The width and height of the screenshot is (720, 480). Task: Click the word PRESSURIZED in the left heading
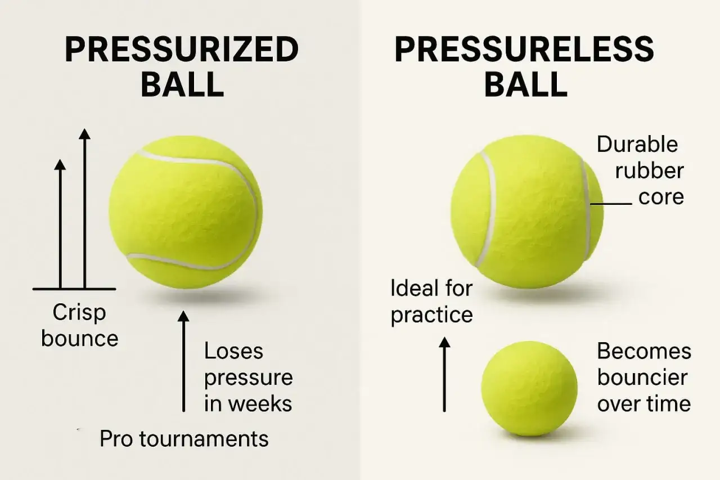pyautogui.click(x=182, y=50)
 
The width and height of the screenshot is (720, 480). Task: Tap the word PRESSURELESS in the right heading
pyautogui.click(x=524, y=50)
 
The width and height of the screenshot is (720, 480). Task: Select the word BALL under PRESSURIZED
pyautogui.click(x=182, y=84)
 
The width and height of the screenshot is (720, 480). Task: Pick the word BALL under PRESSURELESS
pyautogui.click(x=526, y=84)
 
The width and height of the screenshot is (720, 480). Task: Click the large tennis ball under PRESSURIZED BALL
pyautogui.click(x=186, y=212)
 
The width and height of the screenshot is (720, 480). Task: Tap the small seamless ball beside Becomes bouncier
pyautogui.click(x=529, y=389)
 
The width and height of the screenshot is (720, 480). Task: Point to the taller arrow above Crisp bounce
pyautogui.click(x=84, y=208)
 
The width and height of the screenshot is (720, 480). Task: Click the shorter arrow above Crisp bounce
pyautogui.click(x=60, y=224)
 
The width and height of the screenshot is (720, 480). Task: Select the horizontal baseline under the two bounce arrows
pyautogui.click(x=74, y=289)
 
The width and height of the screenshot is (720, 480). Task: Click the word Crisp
pyautogui.click(x=79, y=312)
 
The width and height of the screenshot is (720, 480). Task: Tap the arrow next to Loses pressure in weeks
pyautogui.click(x=183, y=361)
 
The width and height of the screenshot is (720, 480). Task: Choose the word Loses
pyautogui.click(x=233, y=351)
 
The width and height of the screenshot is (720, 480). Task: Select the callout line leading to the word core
pyautogui.click(x=611, y=204)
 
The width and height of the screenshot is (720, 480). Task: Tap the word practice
pyautogui.click(x=432, y=315)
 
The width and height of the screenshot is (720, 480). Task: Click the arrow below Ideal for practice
pyautogui.click(x=444, y=374)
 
